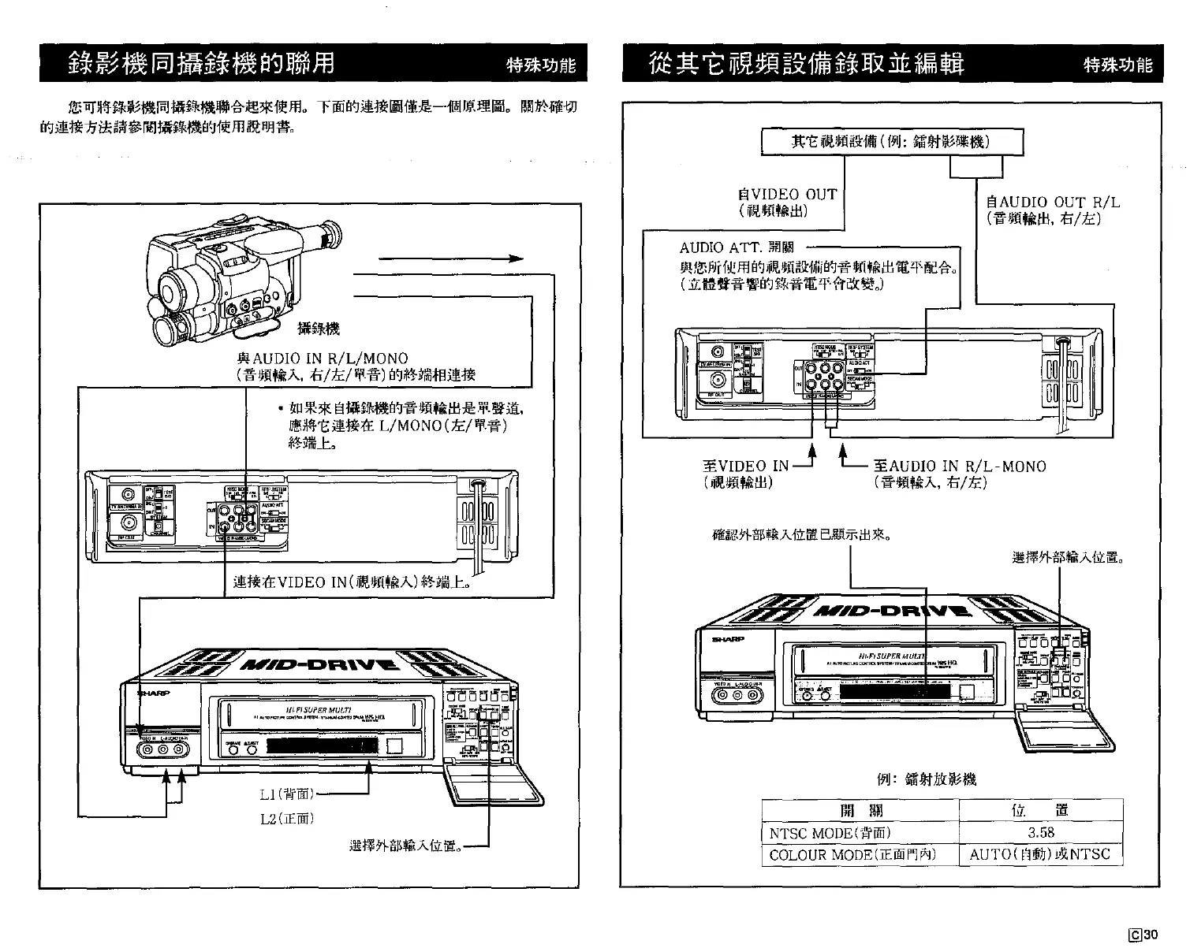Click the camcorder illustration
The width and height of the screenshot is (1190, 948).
(244, 280)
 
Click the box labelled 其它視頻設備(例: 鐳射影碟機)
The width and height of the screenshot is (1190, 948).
(890, 142)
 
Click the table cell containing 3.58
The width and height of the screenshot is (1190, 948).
(1040, 832)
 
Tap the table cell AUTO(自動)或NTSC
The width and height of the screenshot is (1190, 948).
(1039, 854)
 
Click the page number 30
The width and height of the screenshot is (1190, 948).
(1151, 935)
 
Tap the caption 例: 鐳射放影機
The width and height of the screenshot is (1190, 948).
(926, 779)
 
